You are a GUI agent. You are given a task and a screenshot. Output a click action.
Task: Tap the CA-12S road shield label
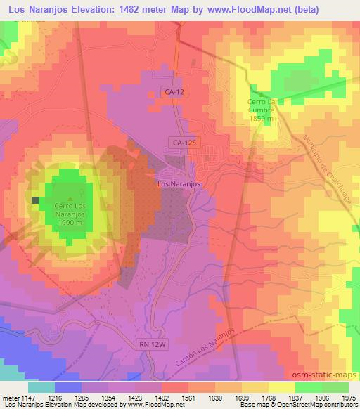click(x=181, y=143)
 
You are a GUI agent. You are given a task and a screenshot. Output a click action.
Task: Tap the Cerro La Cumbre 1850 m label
click(x=264, y=111)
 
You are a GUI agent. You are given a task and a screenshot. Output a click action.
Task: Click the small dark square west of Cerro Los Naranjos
click(x=35, y=200)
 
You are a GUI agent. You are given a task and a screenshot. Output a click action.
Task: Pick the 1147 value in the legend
click(x=29, y=397)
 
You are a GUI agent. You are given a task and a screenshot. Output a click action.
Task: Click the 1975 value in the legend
click(x=349, y=397)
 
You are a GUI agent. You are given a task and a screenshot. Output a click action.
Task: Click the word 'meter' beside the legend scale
click(x=10, y=397)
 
